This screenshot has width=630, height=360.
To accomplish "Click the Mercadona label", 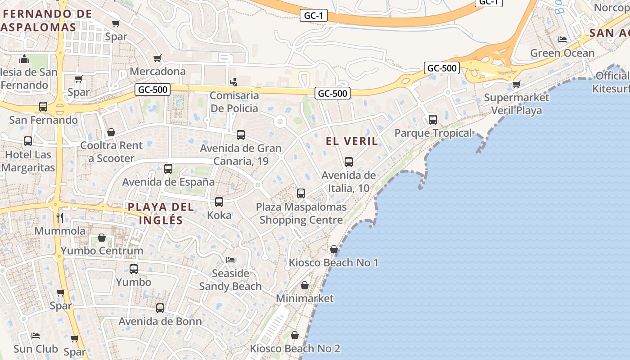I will pyautogui.click(x=157, y=71).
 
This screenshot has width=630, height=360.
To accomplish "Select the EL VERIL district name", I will pyautogui.click(x=351, y=141).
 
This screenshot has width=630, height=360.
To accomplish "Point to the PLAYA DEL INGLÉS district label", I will pyautogui.click(x=161, y=213).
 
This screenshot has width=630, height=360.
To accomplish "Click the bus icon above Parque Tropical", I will pyautogui.click(x=433, y=120).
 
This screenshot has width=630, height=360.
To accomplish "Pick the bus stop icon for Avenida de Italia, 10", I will pyautogui.click(x=349, y=162).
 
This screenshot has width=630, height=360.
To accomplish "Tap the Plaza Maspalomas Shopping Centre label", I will pyautogui.click(x=301, y=213).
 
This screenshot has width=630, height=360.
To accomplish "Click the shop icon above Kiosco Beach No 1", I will pyautogui.click(x=334, y=249).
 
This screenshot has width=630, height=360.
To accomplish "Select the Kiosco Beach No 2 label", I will pyautogui.click(x=295, y=348).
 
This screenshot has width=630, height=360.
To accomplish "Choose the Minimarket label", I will pyautogui.click(x=305, y=298).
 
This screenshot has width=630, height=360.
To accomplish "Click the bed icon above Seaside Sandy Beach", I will pyautogui.click(x=230, y=260).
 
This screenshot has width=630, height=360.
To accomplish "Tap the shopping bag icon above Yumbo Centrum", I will pyautogui.click(x=102, y=238).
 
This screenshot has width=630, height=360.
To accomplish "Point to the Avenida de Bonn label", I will pyautogui.click(x=160, y=321).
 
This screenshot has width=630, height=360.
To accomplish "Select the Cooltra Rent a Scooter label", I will pyautogui.click(x=111, y=152).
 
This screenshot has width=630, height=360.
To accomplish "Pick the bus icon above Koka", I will pyautogui.click(x=219, y=202).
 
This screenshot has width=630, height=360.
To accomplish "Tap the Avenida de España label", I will pyautogui.click(x=168, y=182).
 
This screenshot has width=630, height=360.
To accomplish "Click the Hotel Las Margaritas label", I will pyautogui.click(x=28, y=161).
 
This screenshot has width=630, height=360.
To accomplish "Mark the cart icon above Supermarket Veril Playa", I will pyautogui.click(x=516, y=84).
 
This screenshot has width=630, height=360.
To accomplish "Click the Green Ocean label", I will pyautogui.click(x=562, y=53).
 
